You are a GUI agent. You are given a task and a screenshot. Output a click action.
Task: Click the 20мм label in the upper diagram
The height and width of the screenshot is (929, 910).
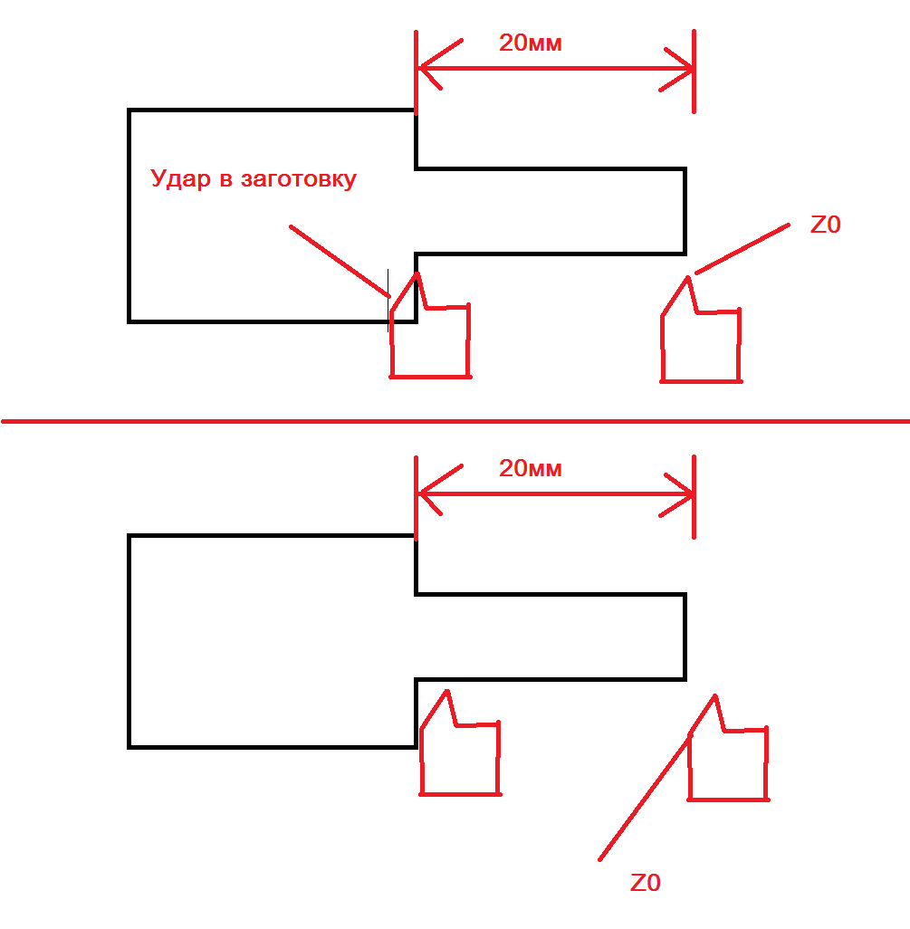pyautogui.click(x=531, y=43)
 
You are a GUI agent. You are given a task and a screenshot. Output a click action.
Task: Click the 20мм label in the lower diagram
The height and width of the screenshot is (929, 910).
pyautogui.click(x=531, y=469)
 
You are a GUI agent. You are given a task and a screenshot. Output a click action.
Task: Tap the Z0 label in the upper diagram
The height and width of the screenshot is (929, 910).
pyautogui.click(x=825, y=225)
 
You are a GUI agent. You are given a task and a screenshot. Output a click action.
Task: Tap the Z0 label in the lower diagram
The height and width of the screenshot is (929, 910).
pyautogui.click(x=646, y=883)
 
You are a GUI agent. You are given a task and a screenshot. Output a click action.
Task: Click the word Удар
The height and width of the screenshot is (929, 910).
pyautogui.click(x=180, y=179)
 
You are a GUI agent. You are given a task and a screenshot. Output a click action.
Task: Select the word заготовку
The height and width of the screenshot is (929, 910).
pyautogui.click(x=299, y=179)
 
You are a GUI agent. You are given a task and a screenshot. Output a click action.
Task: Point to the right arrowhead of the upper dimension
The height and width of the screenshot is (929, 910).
pyautogui.click(x=677, y=70)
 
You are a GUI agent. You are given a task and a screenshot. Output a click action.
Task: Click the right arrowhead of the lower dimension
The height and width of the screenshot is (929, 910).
pyautogui.click(x=677, y=495)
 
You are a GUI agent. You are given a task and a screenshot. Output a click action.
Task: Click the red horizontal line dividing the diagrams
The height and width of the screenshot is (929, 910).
pyautogui.click(x=455, y=421)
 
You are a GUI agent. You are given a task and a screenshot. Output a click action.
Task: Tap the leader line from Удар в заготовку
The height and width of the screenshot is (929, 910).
pyautogui.click(x=340, y=262)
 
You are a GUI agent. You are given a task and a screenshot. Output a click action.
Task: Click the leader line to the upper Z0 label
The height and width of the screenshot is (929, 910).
pyautogui.click(x=742, y=249)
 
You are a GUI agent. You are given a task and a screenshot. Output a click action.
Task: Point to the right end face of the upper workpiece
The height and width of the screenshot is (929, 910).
pyautogui.click(x=685, y=212)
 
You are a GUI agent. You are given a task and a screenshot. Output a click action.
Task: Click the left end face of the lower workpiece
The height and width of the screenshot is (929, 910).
pyautogui.click(x=129, y=642)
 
